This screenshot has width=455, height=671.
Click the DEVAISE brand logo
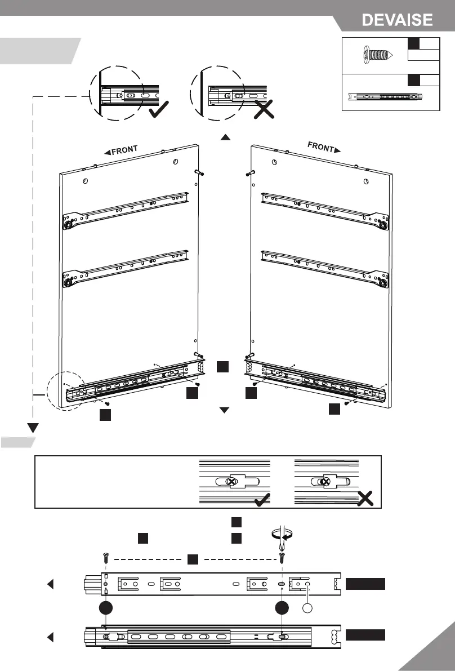point(397,20)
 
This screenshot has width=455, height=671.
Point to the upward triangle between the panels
point(225,137)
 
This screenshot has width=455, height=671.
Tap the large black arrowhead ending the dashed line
point(33,426)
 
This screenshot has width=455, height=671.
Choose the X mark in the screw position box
point(365,499)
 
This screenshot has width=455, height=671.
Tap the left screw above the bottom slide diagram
point(106,558)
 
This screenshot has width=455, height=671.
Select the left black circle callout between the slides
point(105,609)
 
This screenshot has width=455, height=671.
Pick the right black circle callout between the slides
point(282,609)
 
